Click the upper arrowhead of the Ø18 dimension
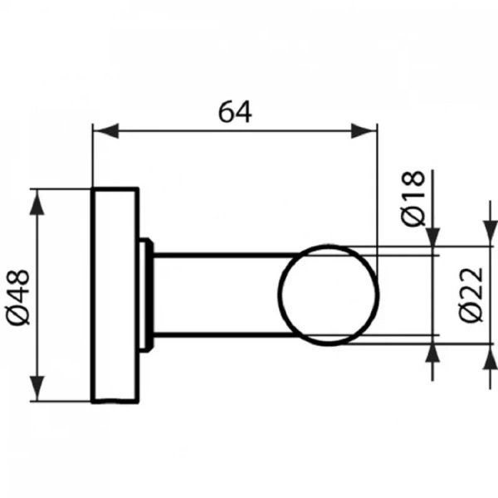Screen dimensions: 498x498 [x=432, y=237]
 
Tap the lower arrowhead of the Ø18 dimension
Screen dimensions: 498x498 [x=432, y=353]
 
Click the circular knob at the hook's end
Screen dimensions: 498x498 [x=330, y=294]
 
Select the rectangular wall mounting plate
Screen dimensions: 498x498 [x=116, y=295]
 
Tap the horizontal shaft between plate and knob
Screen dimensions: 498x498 [x=216, y=294]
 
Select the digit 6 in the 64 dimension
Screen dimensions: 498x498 [x=226, y=110]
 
